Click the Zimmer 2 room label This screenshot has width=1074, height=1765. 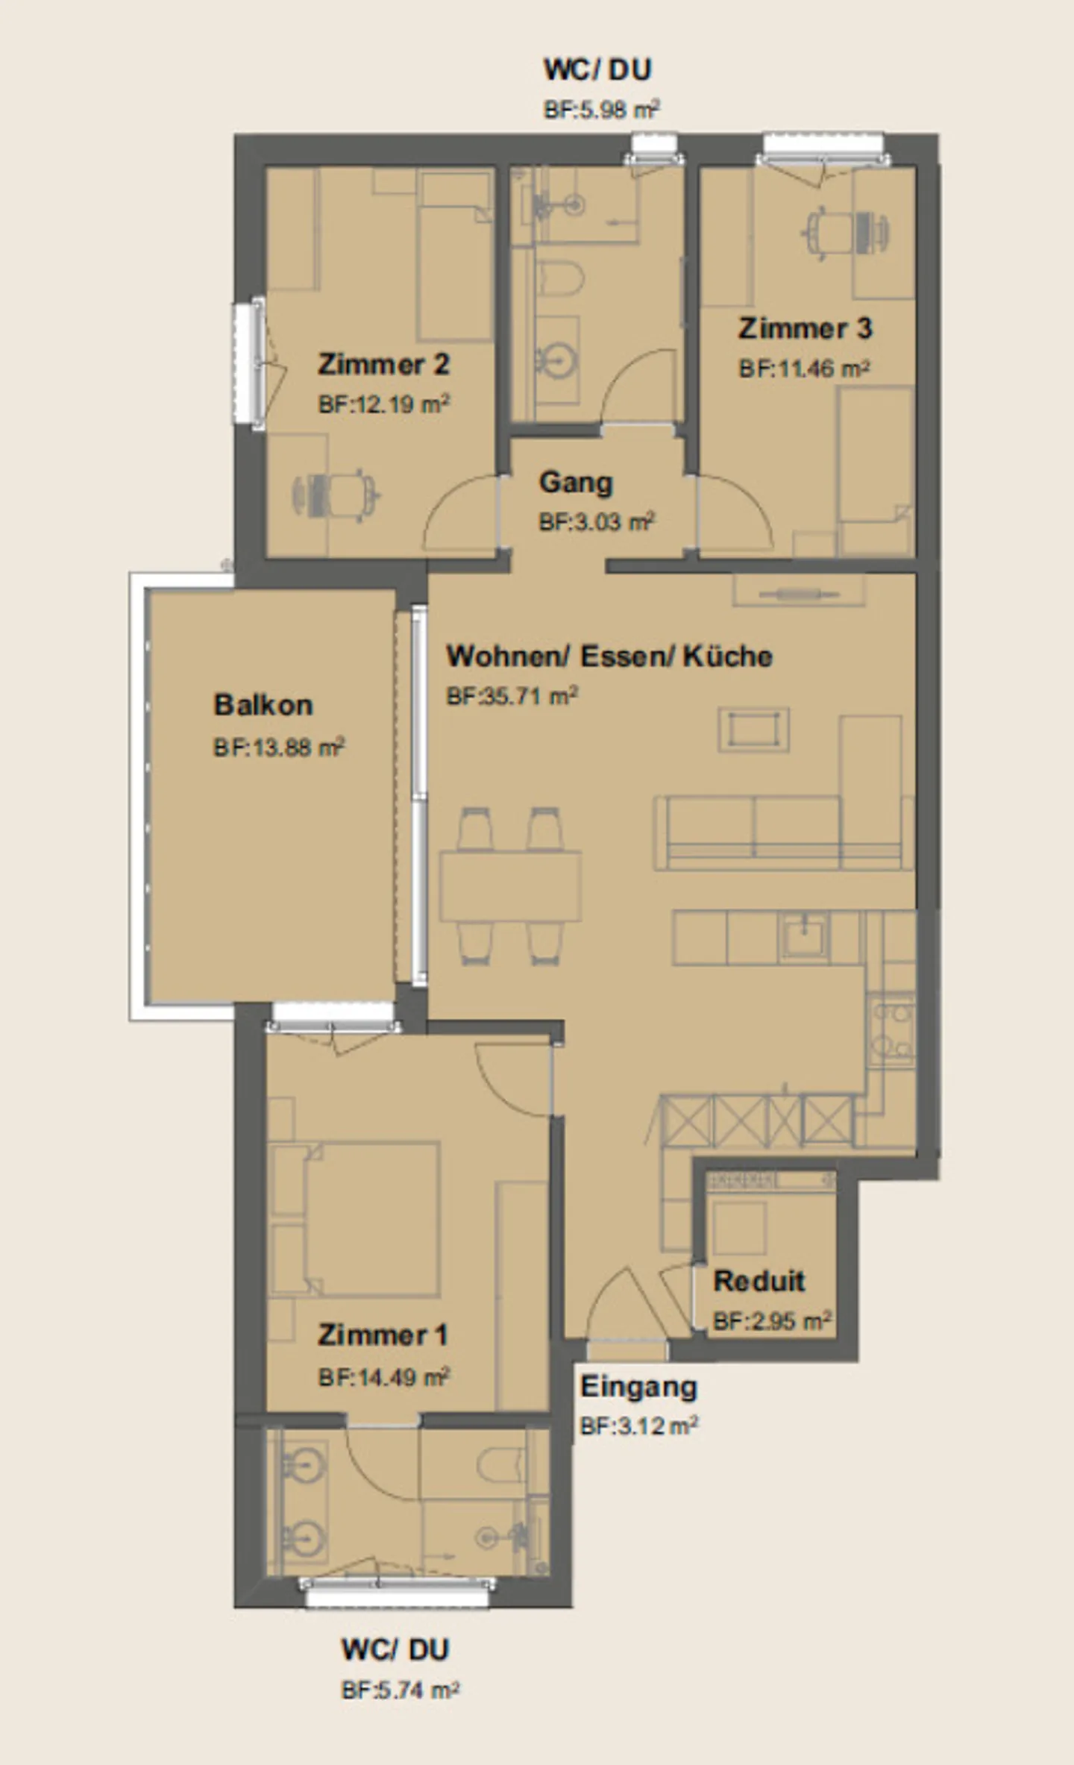383,364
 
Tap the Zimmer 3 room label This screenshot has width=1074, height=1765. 805,328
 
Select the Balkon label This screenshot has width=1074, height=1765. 263,705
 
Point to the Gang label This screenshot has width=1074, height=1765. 576,483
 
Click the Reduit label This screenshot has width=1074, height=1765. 759,1281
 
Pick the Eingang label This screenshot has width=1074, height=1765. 638,1387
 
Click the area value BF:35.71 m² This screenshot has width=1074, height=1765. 512,696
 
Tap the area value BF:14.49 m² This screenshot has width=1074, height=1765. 383,1376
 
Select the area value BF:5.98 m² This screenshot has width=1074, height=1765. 601,110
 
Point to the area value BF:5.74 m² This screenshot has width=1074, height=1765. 400,1690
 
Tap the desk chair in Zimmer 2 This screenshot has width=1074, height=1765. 337,492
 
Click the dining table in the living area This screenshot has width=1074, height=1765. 511,886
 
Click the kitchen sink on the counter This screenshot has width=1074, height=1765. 803,936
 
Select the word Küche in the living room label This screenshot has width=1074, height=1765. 728,656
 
